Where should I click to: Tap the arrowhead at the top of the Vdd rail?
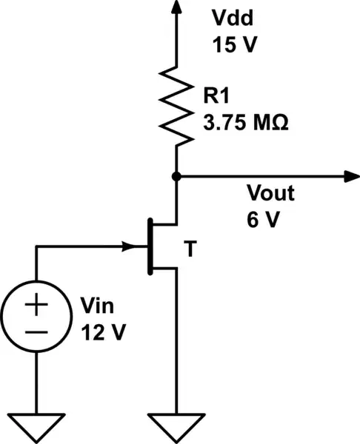click(x=176, y=7)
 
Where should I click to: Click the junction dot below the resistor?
click(x=176, y=176)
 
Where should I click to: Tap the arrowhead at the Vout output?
click(x=347, y=176)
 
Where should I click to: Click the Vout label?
click(x=270, y=195)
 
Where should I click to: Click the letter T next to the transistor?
click(x=190, y=251)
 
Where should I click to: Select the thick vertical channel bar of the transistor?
click(x=151, y=246)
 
